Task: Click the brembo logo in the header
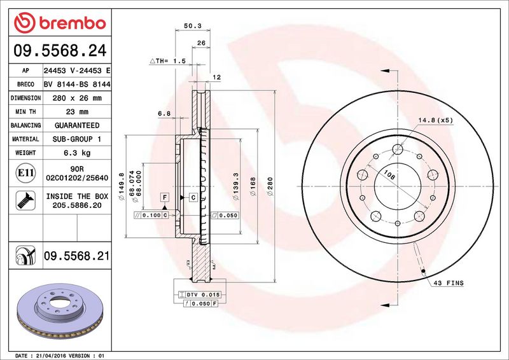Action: [x=60, y=23]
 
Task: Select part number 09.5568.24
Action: [x=60, y=51]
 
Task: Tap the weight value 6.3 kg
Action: [x=77, y=153]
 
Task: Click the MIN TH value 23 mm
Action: [x=77, y=112]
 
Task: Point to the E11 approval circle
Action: [x=25, y=173]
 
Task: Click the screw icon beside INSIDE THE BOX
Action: [x=25, y=200]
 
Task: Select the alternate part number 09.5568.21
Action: [x=76, y=256]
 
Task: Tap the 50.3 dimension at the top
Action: [x=193, y=25]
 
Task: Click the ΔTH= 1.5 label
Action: [x=168, y=60]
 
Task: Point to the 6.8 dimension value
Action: [x=164, y=113]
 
